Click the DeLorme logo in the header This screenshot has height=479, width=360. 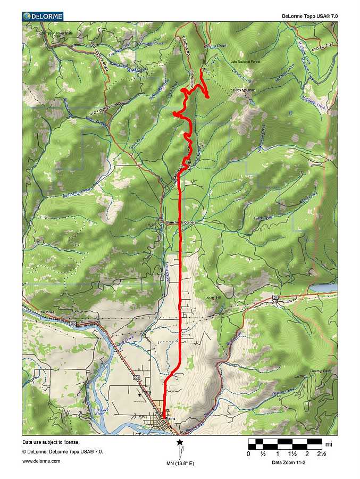[x=43, y=16]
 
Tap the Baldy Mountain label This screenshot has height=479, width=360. [x=244, y=90]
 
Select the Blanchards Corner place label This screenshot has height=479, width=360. [x=180, y=222]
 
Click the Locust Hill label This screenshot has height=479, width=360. [x=213, y=297]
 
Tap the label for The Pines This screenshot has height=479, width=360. [x=47, y=312]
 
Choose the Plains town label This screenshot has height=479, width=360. [x=170, y=418]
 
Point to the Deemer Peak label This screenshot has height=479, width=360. [x=320, y=371]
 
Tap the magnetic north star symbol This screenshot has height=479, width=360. [x=180, y=442]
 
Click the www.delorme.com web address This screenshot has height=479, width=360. [x=41, y=461]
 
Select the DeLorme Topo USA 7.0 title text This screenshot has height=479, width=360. [x=309, y=16]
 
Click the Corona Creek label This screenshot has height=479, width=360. [x=217, y=46]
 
